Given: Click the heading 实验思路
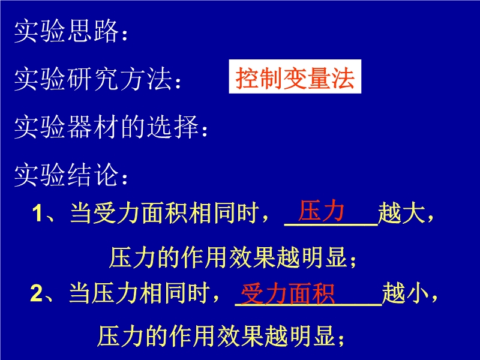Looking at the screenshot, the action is tap(66, 31).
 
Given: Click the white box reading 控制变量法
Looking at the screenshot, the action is tap(295, 77).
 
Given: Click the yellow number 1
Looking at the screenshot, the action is tap(37, 213).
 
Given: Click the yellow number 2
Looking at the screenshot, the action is tap(37, 293).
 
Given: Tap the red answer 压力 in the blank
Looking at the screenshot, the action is tap(321, 211).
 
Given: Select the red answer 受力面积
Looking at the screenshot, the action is tap(288, 294).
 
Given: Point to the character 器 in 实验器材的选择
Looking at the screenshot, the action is tap(79, 127).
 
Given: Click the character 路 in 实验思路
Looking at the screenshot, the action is tap(106, 31).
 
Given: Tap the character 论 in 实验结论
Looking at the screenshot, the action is tap(106, 175).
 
